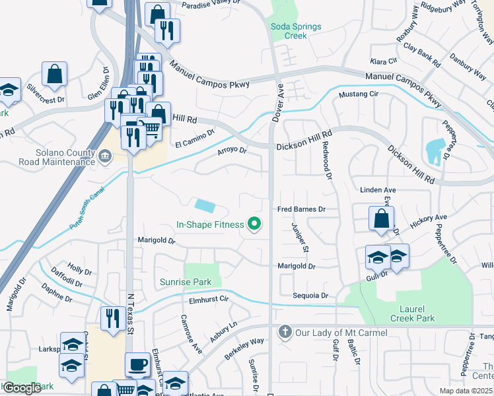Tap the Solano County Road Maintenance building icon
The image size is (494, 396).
(x=105, y=156)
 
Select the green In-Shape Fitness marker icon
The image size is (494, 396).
(x=254, y=224)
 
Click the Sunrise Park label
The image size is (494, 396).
(x=186, y=282)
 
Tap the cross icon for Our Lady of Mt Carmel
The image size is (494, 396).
(x=285, y=331)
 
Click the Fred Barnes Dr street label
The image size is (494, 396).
(x=302, y=209)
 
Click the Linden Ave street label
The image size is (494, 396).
(x=378, y=190)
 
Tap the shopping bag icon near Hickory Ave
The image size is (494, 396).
(x=381, y=218)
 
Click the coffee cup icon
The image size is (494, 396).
(x=138, y=364)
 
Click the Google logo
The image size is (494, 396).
(x=22, y=388)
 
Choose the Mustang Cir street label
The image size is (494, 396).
(x=358, y=95)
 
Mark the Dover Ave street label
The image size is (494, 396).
(x=278, y=106)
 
